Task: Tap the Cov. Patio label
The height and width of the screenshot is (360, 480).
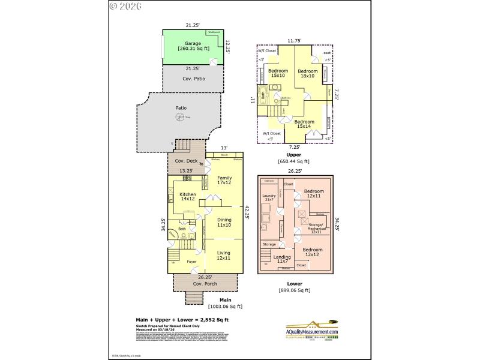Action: point(193,79)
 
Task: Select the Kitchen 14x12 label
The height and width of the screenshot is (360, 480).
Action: point(187,197)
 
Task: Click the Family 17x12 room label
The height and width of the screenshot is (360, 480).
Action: point(224,180)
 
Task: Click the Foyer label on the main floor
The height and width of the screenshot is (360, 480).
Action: point(191,262)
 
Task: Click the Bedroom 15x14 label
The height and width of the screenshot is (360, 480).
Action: point(304,124)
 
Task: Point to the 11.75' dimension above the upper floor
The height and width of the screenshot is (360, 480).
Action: point(294,40)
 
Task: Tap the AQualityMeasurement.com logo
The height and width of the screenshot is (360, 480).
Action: point(312,329)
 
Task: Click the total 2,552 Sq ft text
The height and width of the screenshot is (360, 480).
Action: point(182,320)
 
